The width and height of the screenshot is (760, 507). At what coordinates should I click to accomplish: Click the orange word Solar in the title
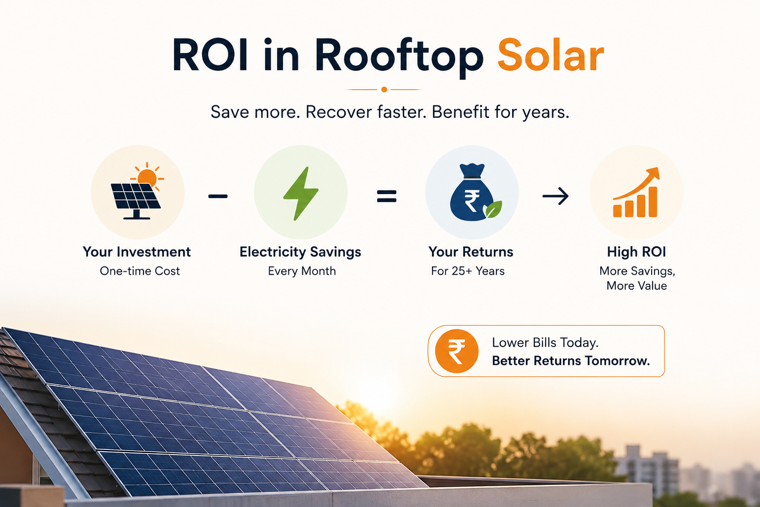(551, 55)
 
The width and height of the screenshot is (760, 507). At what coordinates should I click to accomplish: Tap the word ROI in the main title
(210, 55)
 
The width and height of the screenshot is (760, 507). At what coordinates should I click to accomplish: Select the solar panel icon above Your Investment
(138, 192)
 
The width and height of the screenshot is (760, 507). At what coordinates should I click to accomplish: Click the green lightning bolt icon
(301, 193)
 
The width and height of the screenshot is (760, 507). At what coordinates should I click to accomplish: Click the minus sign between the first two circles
(218, 196)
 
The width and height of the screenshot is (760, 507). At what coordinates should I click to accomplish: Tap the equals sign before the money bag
(387, 196)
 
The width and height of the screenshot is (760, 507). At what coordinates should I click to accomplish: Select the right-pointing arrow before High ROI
(556, 196)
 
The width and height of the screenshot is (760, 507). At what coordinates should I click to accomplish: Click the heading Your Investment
(137, 252)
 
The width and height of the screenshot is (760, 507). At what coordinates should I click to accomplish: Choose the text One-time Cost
(140, 271)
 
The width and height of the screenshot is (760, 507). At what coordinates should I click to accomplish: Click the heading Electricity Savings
(300, 252)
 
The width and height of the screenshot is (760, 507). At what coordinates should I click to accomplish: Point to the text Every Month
(302, 271)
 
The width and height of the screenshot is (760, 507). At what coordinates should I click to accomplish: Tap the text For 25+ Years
(468, 271)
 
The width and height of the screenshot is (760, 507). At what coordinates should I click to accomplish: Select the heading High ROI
(636, 252)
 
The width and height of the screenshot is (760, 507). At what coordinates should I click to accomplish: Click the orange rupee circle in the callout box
(457, 351)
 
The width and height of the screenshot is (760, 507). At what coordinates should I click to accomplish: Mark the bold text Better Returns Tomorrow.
(571, 360)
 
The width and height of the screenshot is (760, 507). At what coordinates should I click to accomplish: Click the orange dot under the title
(384, 89)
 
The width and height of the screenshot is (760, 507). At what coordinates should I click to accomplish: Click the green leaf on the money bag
(494, 209)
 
